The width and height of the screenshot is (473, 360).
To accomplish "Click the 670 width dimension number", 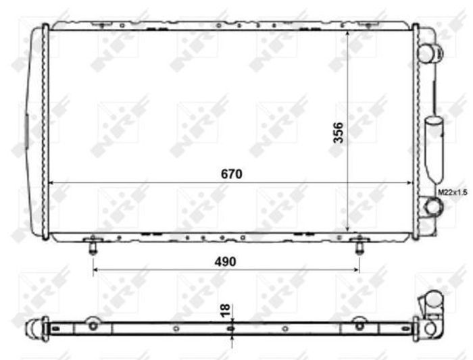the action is click(231, 174).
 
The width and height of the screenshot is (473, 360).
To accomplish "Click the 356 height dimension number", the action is click(338, 132).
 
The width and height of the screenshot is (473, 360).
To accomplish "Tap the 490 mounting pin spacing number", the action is click(225, 261).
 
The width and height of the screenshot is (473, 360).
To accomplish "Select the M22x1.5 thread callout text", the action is click(453, 192).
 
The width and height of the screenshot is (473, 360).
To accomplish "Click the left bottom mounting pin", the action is click(93, 247).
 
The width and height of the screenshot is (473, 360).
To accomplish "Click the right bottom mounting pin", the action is click(359, 247).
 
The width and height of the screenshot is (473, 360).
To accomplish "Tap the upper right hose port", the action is click(431, 53).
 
